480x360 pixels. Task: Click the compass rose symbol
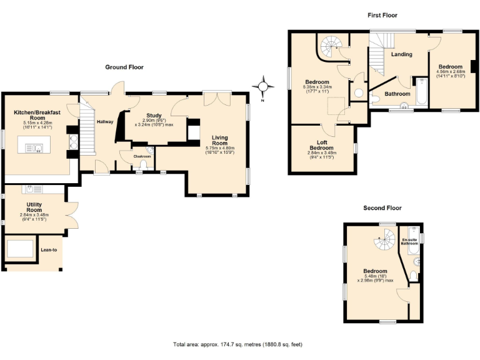[x=263, y=86]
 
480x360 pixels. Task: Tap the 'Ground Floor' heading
[x=124, y=67]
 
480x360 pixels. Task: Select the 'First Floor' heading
[x=382, y=15]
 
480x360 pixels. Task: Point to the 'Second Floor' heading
[x=382, y=207]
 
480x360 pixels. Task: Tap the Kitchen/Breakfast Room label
[x=37, y=115]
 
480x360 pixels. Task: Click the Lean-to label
[x=49, y=251]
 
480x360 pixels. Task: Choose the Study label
[x=154, y=116]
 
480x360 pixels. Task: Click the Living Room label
[x=219, y=141]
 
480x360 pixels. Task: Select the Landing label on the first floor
[x=401, y=54]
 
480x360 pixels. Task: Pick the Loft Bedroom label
[x=322, y=144]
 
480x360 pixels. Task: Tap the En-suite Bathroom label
[x=409, y=241]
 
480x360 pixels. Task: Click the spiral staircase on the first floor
[x=331, y=45]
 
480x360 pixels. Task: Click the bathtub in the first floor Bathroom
[x=421, y=92]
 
